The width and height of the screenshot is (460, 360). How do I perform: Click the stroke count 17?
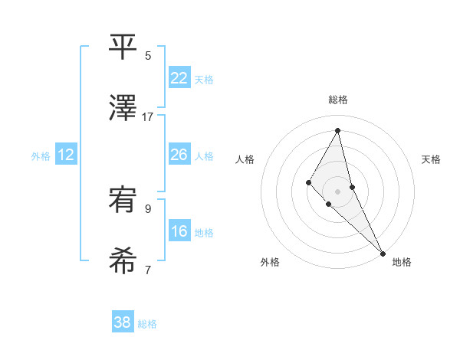pos(148,117)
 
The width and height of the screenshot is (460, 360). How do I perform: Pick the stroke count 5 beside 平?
pos(148,55)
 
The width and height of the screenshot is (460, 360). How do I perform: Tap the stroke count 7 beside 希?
pos(148,270)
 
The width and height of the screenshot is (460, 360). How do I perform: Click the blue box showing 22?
pos(179,77)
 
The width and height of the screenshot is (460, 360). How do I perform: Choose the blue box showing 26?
pos(179,155)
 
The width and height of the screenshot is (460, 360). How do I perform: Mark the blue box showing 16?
pos(179,231)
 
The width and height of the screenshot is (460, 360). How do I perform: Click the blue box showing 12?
pos(66,155)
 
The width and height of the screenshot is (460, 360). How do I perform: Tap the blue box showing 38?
pos(123,322)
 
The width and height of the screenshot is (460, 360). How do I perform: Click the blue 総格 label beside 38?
pos(147,324)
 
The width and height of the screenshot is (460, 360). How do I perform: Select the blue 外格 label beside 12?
pos(41,156)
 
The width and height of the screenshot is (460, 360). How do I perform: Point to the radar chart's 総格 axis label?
pos(337,100)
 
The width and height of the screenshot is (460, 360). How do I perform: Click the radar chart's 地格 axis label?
pos(402,263)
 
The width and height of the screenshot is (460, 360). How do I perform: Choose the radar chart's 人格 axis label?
pos(245,159)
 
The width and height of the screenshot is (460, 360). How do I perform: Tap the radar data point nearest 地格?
pos(383,253)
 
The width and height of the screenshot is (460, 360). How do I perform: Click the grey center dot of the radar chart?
pos(337,191)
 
